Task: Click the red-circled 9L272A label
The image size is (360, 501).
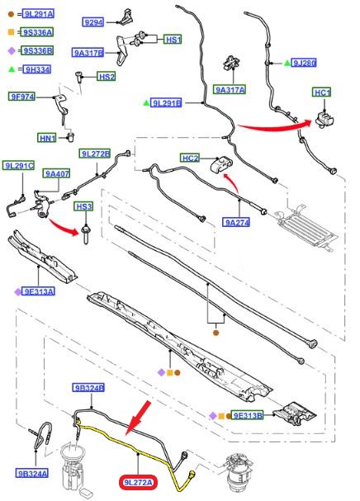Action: click(x=138, y=482)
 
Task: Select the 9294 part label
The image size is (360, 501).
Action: click(x=92, y=22)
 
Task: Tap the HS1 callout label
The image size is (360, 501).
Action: click(x=173, y=40)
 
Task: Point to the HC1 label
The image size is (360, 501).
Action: click(x=322, y=92)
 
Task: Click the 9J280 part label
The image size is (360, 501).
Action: click(x=304, y=63)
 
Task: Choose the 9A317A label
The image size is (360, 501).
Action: click(x=230, y=90)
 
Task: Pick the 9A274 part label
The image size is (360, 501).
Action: click(x=236, y=222)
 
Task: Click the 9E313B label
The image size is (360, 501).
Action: click(x=248, y=415)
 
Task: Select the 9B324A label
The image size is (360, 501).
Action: click(x=32, y=473)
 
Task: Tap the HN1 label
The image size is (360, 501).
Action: click(x=47, y=138)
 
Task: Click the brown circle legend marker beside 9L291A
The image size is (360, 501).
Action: click(x=12, y=14)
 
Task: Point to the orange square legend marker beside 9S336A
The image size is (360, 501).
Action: click(x=12, y=32)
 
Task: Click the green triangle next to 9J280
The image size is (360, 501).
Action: click(x=287, y=63)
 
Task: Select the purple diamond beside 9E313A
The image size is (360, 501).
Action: click(x=17, y=291)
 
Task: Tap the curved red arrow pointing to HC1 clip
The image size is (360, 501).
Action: click(x=274, y=126)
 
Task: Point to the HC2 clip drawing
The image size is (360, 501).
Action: click(x=221, y=165)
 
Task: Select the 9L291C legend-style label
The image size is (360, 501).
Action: click(x=18, y=166)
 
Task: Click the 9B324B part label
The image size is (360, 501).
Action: click(x=88, y=388)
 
